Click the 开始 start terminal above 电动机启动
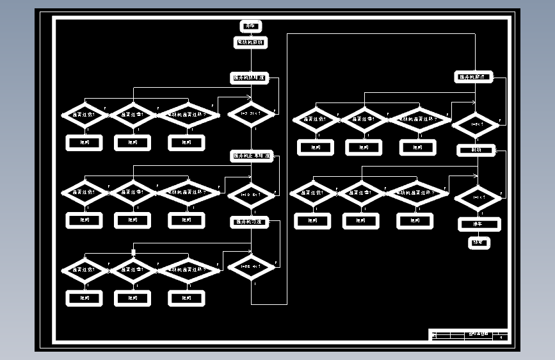tap(250, 26)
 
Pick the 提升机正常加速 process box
tap(252, 156)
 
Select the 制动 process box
tap(476, 150)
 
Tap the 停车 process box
tap(479, 224)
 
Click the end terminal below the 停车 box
tap(479, 243)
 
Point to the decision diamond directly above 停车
tap(478, 198)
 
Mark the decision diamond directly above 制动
tap(476, 124)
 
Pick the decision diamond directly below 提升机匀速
tap(251, 267)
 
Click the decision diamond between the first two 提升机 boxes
tap(251, 114)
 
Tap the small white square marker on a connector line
tap(133, 251)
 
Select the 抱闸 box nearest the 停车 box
tap(414, 221)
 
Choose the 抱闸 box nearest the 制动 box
tap(418, 147)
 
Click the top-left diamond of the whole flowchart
tap(85, 115)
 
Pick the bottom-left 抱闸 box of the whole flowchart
tap(84, 298)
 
